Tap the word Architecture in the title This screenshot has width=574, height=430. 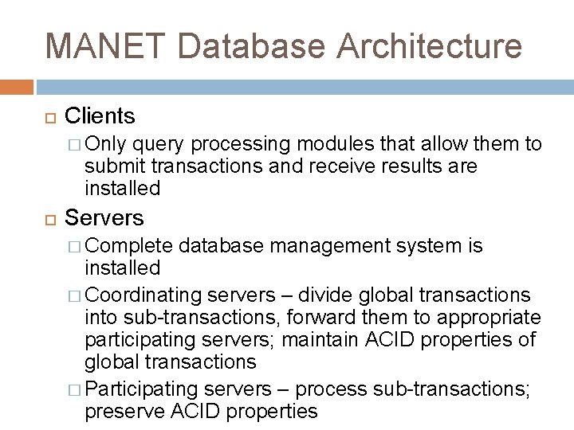pyautogui.click(x=431, y=45)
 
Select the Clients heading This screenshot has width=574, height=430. pyautogui.click(x=100, y=116)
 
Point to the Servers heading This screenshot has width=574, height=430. pyautogui.click(x=104, y=217)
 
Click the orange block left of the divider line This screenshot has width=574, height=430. pyautogui.click(x=17, y=85)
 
